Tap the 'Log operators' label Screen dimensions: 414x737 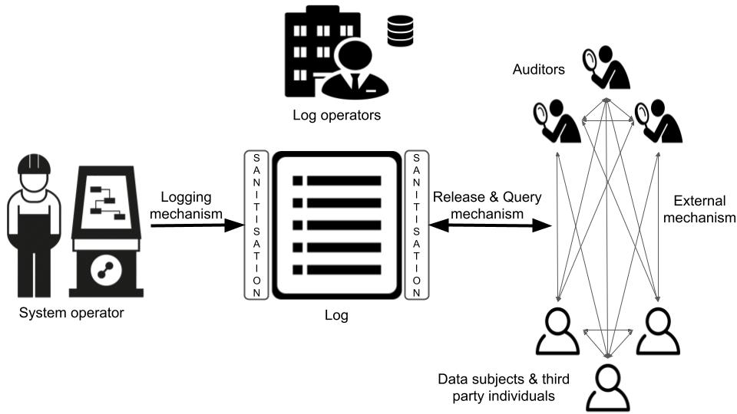tap(337, 116)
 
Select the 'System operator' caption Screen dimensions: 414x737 tap(71, 313)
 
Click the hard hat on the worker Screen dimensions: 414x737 tap(33, 163)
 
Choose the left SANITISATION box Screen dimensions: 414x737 tap(256, 225)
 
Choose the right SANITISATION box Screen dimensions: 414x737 tap(416, 225)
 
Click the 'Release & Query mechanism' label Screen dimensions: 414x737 tap(487, 205)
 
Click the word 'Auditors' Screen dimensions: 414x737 tap(539, 70)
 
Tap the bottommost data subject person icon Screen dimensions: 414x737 tap(607, 386)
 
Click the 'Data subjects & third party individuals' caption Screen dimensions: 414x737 tap(496, 387)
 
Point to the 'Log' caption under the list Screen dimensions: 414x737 tap(336, 314)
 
